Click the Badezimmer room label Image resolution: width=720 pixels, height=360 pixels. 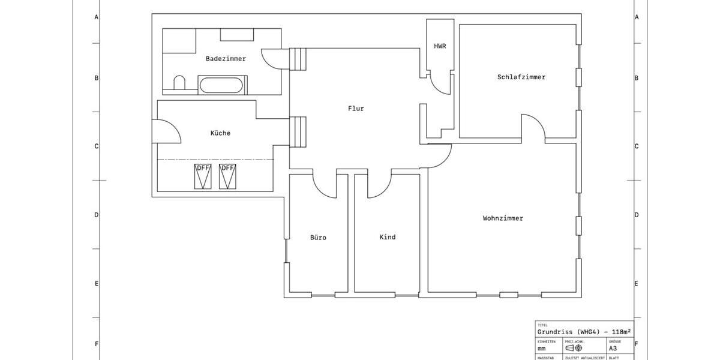click(226, 59)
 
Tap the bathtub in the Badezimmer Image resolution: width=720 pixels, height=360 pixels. click(223, 85)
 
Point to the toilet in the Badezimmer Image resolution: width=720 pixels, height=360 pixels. click(179, 83)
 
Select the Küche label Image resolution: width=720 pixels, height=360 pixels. click(220, 133)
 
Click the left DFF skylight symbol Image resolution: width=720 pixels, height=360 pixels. click(203, 176)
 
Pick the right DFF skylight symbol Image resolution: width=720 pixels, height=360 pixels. click(227, 176)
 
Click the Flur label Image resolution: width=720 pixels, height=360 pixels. click(356, 109)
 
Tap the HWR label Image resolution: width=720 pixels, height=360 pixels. click(440, 46)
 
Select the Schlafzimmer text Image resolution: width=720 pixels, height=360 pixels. click(521, 77)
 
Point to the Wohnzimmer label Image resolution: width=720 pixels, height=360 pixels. click(502, 218)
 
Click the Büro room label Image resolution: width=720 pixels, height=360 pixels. click(318, 238)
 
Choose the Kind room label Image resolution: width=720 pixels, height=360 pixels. click(388, 237)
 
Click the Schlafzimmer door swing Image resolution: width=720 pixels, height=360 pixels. click(533, 126)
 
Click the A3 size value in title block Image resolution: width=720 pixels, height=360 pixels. click(613, 348)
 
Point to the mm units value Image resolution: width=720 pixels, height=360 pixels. click(541, 348)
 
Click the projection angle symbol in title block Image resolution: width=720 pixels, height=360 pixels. click(574, 348)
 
